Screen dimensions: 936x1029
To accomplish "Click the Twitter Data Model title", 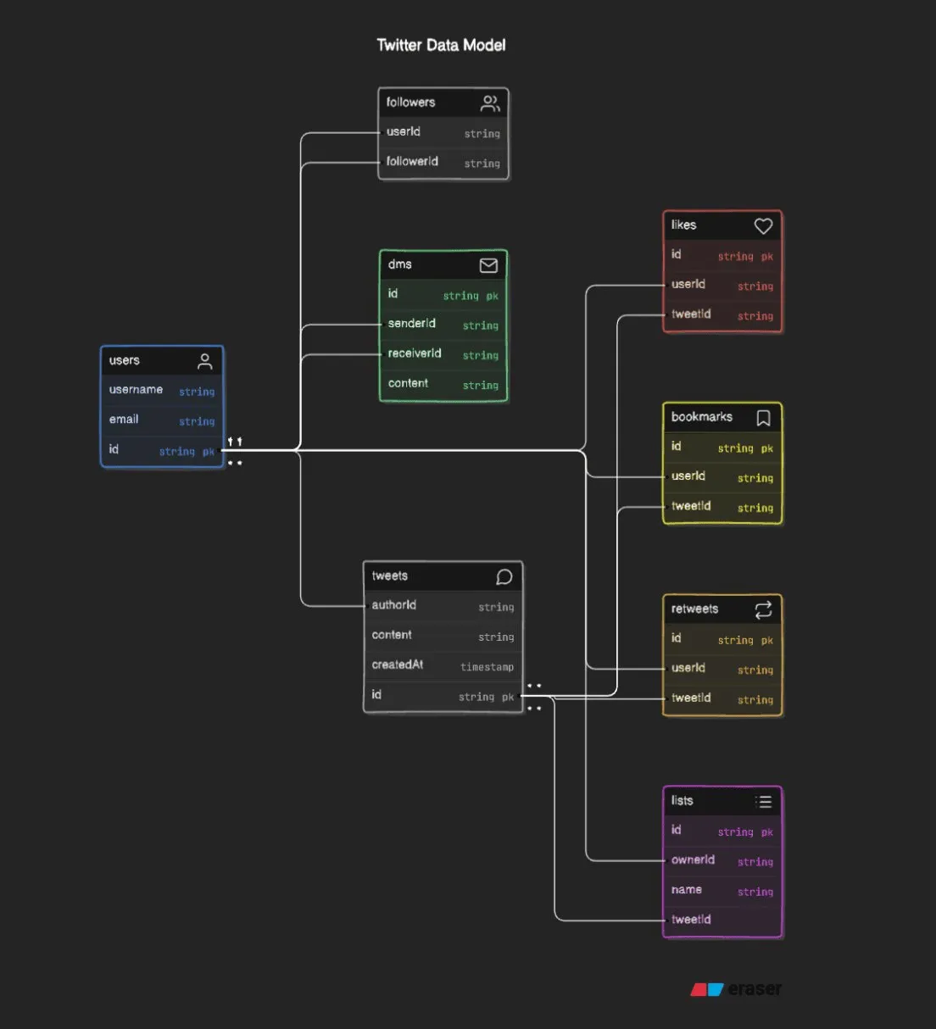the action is tap(441, 45).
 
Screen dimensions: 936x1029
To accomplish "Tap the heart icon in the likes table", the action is tap(763, 225).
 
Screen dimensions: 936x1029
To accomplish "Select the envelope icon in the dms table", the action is tap(488, 265).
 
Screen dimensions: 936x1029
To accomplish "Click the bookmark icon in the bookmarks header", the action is tap(763, 418).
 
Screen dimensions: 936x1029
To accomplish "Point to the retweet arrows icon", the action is tap(763, 610).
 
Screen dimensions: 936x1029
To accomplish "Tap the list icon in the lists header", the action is tap(763, 802).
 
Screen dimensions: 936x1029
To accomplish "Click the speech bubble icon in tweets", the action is tap(504, 577).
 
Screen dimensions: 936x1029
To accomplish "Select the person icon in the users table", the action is tap(205, 361).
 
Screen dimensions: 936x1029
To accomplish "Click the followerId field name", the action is tap(412, 161).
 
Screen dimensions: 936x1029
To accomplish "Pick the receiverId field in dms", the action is tap(414, 353).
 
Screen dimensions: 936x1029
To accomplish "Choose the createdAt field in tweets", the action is tap(397, 665).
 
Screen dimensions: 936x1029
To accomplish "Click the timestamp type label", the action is tap(487, 667).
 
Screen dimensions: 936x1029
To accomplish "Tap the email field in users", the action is tap(124, 419).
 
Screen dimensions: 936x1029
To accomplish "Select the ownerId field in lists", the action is tap(693, 859).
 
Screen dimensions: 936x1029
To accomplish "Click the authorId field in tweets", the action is tap(393, 605).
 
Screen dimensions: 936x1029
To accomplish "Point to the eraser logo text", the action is tap(755, 988).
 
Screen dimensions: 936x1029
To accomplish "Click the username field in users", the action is tap(136, 389).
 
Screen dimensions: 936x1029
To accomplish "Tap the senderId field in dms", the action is tap(411, 323).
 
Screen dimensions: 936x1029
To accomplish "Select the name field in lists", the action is tap(686, 889).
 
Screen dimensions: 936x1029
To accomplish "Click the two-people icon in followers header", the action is tap(490, 103).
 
